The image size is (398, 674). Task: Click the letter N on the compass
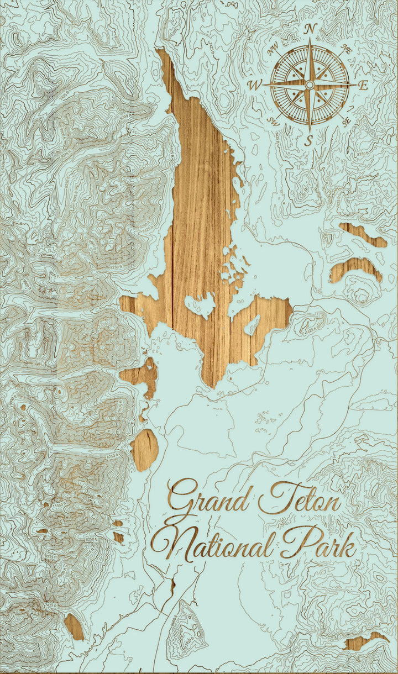pyautogui.click(x=311, y=29)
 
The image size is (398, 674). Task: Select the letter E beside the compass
pyautogui.click(x=363, y=85)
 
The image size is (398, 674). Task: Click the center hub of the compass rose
pyautogui.click(x=310, y=84)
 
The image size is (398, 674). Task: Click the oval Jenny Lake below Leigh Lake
pyautogui.click(x=145, y=449)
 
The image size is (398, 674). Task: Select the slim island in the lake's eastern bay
pyautogui.click(x=253, y=325)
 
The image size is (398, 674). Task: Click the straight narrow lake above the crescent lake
pyautogui.click(x=363, y=234)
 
